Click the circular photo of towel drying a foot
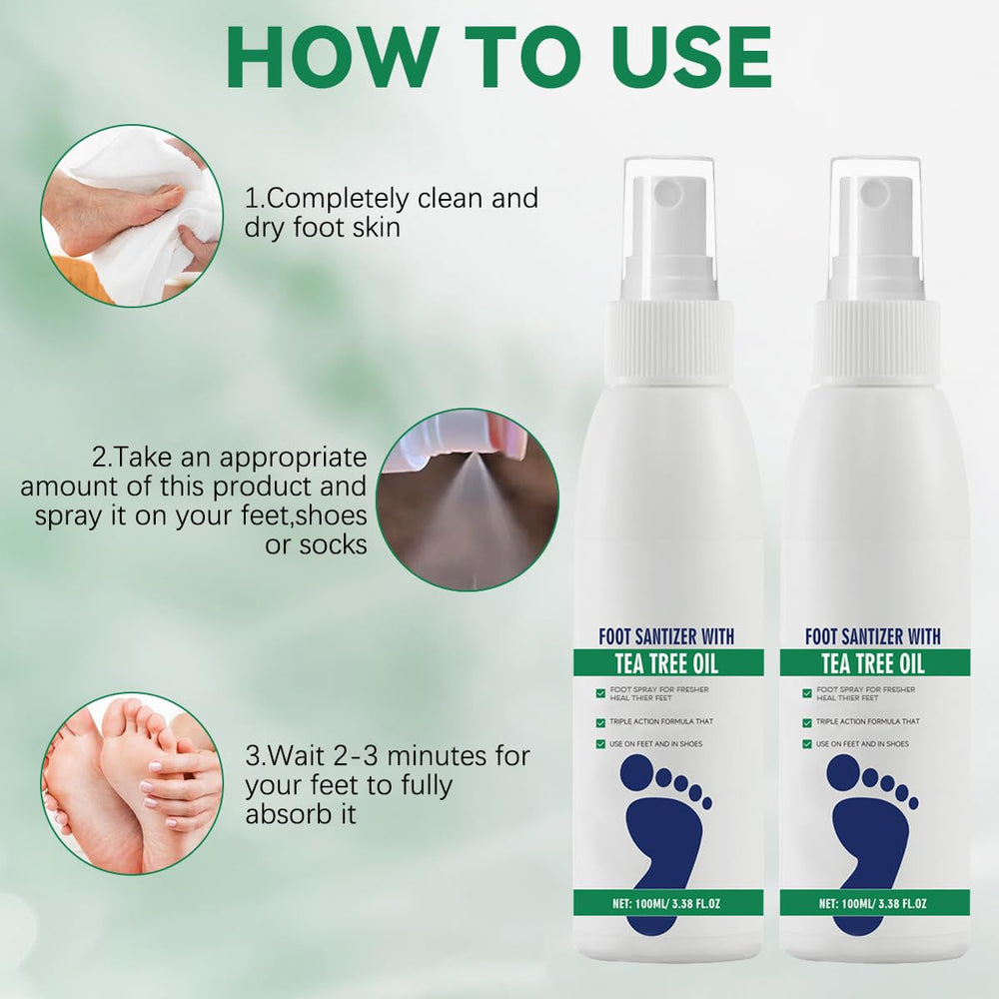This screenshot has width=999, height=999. pos(132,216)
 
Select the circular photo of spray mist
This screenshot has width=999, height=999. pos(468,499)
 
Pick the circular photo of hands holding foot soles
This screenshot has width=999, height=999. pos(132,783)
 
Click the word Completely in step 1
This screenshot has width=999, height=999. pos(337,200)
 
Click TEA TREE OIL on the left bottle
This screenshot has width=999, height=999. pos(667,664)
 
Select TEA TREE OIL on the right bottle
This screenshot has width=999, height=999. pos(873,664)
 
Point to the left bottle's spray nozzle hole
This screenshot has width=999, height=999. pos(668,192)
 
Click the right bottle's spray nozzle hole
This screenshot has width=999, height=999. pos(875,192)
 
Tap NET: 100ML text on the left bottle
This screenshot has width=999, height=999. pos(642,903)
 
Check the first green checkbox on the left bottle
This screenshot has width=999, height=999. pos(600,693)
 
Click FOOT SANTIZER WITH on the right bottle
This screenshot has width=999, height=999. pos(873,635)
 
